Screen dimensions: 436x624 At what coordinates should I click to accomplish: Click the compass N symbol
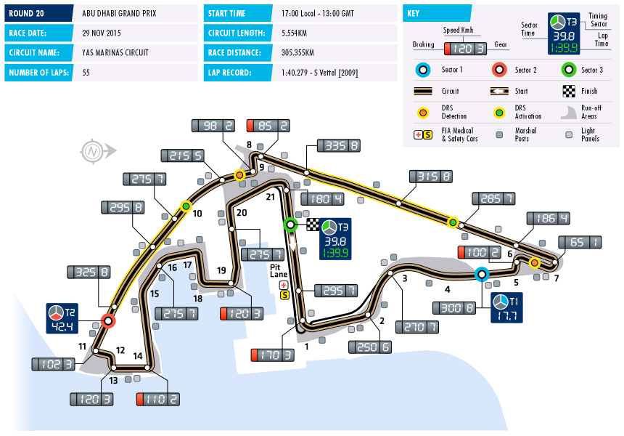(x=92, y=152)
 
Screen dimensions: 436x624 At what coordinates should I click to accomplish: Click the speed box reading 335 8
(x=334, y=145)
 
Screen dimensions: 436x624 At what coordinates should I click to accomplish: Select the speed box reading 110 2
(x=157, y=399)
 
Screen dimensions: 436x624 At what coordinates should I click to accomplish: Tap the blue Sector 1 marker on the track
(x=480, y=274)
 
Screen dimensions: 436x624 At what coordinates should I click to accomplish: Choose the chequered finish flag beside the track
(x=313, y=225)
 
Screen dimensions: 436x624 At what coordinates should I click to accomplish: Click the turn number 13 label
(x=113, y=380)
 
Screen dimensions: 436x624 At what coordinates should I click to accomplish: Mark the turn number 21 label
(x=271, y=197)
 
